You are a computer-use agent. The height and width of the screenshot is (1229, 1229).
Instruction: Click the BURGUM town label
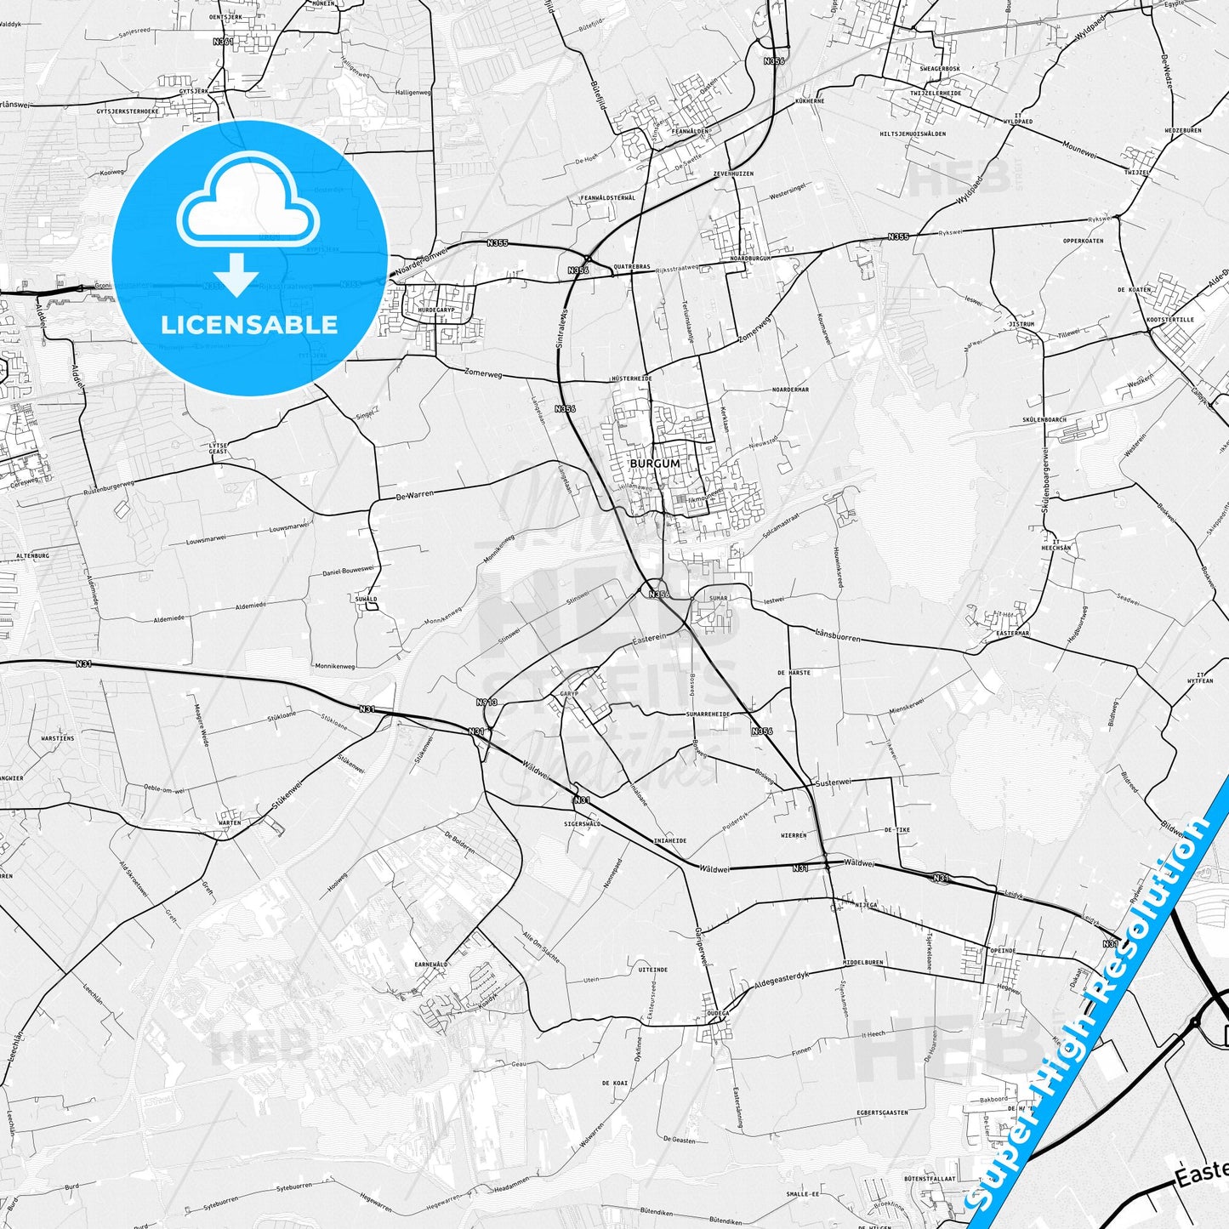[655, 464]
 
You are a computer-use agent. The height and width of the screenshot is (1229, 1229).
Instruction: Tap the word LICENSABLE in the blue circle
[249, 325]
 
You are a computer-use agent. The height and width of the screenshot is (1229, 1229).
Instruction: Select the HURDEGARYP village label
[437, 310]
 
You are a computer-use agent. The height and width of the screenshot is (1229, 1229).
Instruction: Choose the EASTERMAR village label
[1012, 633]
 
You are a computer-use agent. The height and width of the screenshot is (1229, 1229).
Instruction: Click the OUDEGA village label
[718, 1014]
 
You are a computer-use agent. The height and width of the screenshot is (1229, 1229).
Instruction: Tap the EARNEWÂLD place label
[431, 964]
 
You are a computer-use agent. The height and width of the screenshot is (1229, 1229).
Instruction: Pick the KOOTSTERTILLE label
[1170, 320]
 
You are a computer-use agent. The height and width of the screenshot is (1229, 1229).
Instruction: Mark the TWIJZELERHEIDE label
[936, 94]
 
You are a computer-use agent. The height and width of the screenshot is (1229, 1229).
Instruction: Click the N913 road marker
[486, 703]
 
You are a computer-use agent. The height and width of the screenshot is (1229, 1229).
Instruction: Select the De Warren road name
[415, 494]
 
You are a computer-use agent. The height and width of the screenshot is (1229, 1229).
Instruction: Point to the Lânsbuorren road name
[838, 635]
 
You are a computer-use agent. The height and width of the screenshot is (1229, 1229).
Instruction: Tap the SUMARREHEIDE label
[708, 714]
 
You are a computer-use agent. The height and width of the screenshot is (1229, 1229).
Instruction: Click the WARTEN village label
[230, 822]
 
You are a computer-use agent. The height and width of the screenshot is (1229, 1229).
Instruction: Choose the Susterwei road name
[833, 782]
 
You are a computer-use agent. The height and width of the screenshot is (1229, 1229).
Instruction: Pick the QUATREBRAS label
[631, 267]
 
